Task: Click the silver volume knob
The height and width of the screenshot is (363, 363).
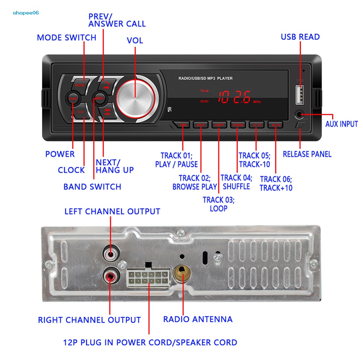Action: tap(135, 98)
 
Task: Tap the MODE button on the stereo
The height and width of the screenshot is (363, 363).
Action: tap(80, 85)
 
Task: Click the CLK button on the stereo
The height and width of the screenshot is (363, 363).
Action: tap(80, 112)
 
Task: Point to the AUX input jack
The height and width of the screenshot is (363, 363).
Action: tap(300, 115)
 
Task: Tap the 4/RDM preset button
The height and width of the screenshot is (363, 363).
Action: tap(238, 125)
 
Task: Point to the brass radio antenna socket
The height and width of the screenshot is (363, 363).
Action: tap(182, 274)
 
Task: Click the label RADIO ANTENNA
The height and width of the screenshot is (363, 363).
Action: tap(198, 319)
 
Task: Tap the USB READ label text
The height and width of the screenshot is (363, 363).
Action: tap(300, 37)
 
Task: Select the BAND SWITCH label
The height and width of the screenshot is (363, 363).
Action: tap(92, 187)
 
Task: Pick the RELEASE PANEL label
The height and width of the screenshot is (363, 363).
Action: tap(307, 154)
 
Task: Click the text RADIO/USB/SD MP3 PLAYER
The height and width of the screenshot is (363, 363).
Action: tap(205, 78)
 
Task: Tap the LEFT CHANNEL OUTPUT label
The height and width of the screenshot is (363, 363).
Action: tap(112, 211)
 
